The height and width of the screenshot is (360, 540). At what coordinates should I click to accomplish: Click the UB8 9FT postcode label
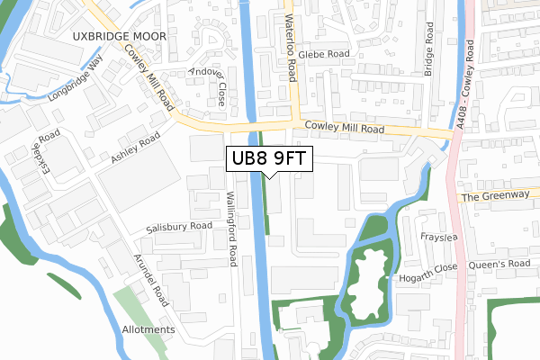[x=269, y=157]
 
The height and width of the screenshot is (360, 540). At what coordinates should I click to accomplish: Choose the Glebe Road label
[x=325, y=54]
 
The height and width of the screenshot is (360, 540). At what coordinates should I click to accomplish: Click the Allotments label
[x=148, y=330]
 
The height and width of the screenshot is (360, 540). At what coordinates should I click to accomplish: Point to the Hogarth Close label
[x=430, y=267]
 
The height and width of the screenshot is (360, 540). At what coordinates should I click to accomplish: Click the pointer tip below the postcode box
[x=269, y=177]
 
